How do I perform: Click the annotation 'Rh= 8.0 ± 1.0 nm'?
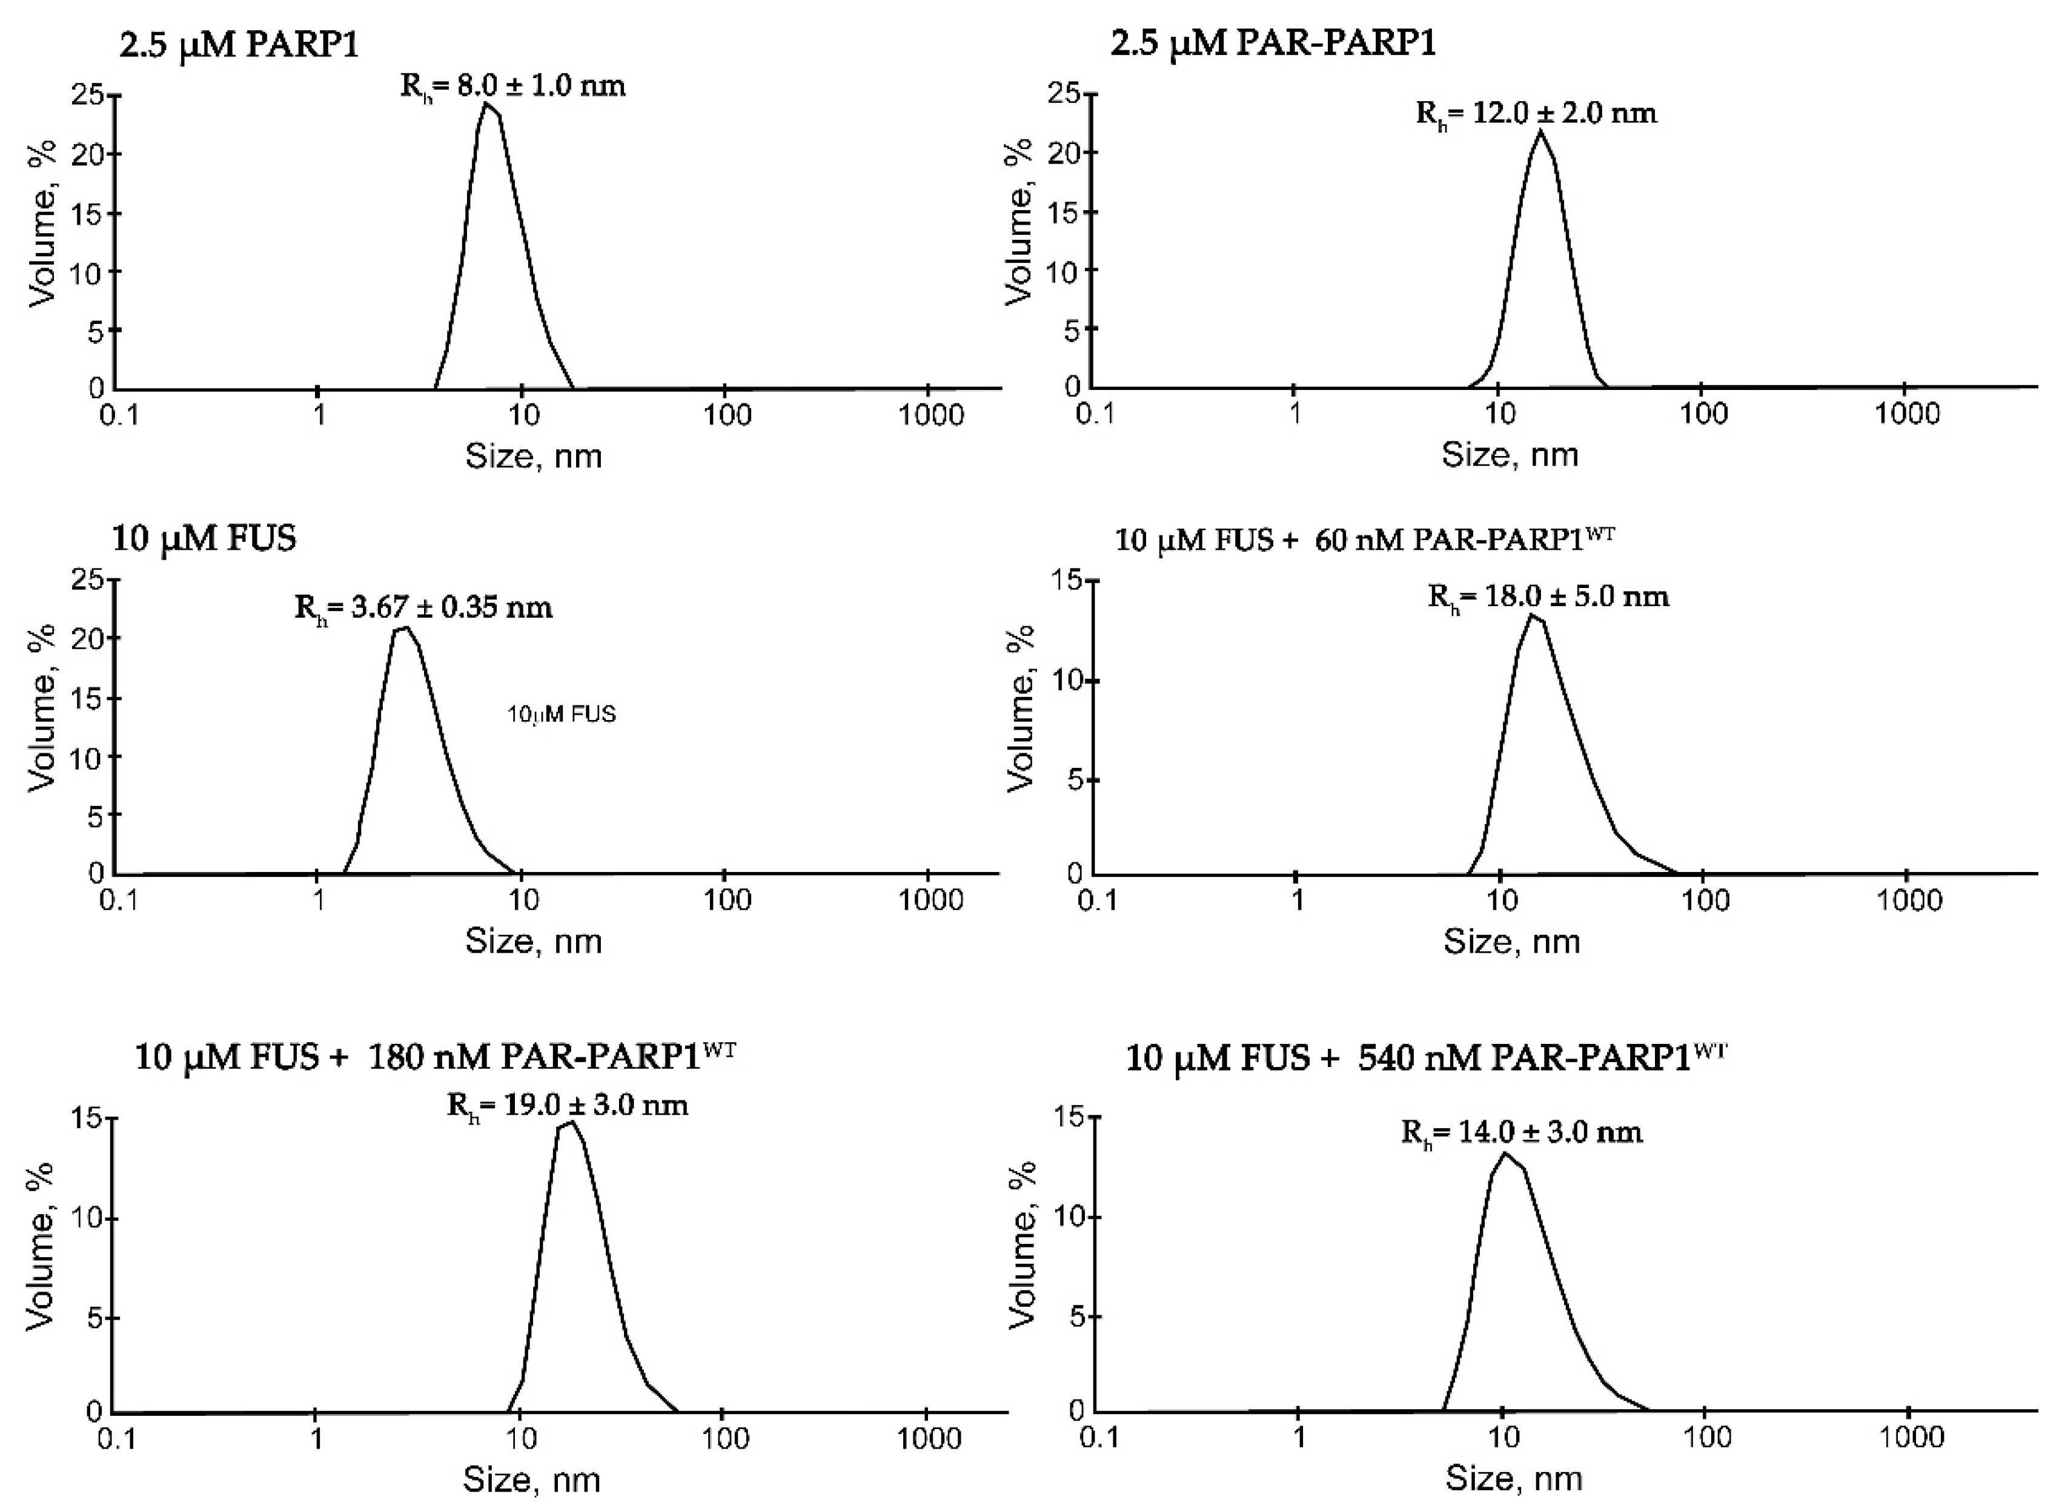click(513, 87)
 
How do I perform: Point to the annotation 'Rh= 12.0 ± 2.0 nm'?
click(1536, 114)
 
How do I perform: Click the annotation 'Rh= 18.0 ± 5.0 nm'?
click(1548, 598)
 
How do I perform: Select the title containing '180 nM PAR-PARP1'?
click(435, 1057)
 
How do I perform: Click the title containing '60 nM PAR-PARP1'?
click(1364, 540)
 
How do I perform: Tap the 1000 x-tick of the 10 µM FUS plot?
click(930, 900)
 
